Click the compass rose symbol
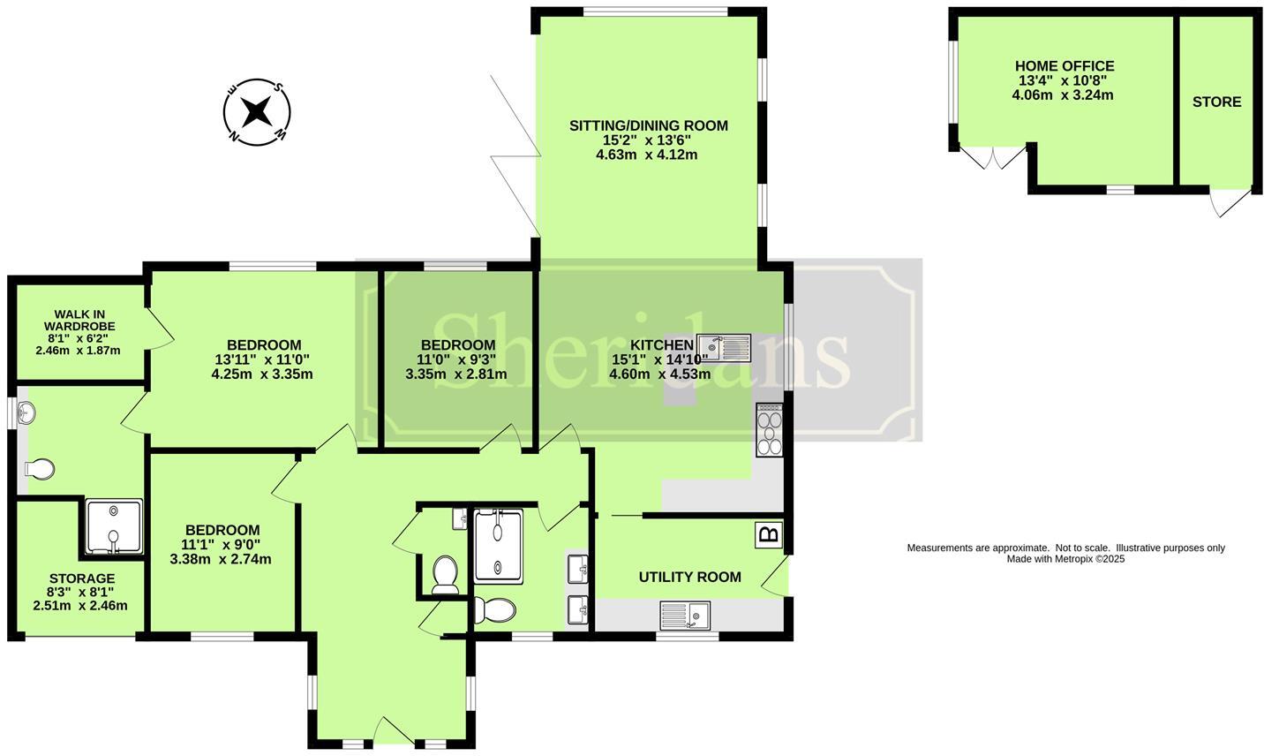pyautogui.click(x=256, y=112)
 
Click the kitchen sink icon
pyautogui.click(x=724, y=347)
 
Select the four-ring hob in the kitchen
pyautogui.click(x=769, y=430)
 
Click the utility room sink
pyautogui.click(x=686, y=614)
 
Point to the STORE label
pyautogui.click(x=1216, y=102)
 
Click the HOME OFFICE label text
pyautogui.click(x=1064, y=66)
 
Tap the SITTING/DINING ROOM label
pyautogui.click(x=648, y=125)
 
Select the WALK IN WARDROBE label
pyautogui.click(x=79, y=320)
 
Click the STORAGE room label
pyautogui.click(x=80, y=578)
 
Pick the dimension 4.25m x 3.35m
pyautogui.click(x=262, y=374)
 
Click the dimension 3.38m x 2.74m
pyautogui.click(x=221, y=559)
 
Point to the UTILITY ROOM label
pyautogui.click(x=689, y=577)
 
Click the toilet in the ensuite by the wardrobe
pyautogui.click(x=40, y=469)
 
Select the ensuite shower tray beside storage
pyautogui.click(x=114, y=528)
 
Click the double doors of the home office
pyautogui.click(x=993, y=159)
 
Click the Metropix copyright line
pyautogui.click(x=1065, y=559)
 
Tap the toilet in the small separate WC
pyautogui.click(x=444, y=573)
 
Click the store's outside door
pyautogui.click(x=1229, y=202)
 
